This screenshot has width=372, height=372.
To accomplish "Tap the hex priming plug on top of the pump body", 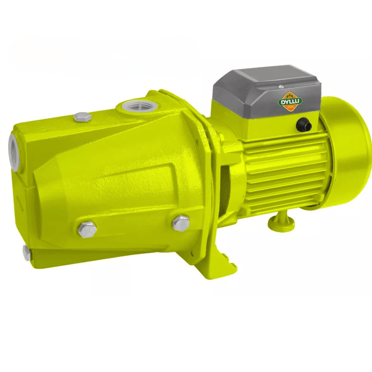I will (83, 117).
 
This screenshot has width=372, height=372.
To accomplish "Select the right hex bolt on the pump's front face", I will (181, 221).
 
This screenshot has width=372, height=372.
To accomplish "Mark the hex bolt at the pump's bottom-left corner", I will (26, 251).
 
